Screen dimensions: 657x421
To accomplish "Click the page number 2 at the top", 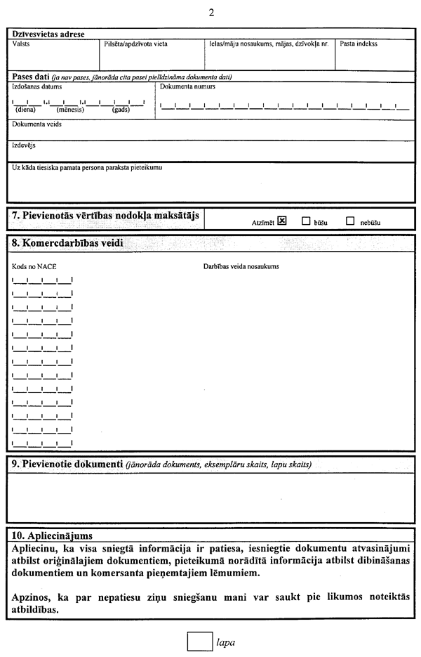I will pyautogui.click(x=210, y=13).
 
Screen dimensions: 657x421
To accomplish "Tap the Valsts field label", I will pyautogui.click(x=21, y=44).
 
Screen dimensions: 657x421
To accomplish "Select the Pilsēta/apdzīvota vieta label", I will pyautogui.click(x=135, y=44).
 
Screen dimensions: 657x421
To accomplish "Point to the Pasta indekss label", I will pyautogui.click(x=359, y=44).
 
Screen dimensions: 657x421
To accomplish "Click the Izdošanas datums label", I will pyautogui.click(x=37, y=86).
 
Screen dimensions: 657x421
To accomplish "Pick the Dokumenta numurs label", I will pyautogui.click(x=187, y=86).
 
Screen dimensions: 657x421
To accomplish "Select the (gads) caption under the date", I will pyautogui.click(x=121, y=110).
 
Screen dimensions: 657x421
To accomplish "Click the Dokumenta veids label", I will pyautogui.click(x=36, y=124).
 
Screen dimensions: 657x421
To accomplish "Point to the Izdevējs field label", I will pyautogui.click(x=24, y=145).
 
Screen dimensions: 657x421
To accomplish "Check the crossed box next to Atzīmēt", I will pyautogui.click(x=282, y=221).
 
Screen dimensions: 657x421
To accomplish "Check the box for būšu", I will pyautogui.click(x=306, y=221).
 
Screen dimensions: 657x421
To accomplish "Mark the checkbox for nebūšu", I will pyautogui.click(x=350, y=221).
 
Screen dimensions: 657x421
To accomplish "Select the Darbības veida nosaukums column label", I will pyautogui.click(x=241, y=267).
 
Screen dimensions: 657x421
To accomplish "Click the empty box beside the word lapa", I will pyautogui.click(x=200, y=642).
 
